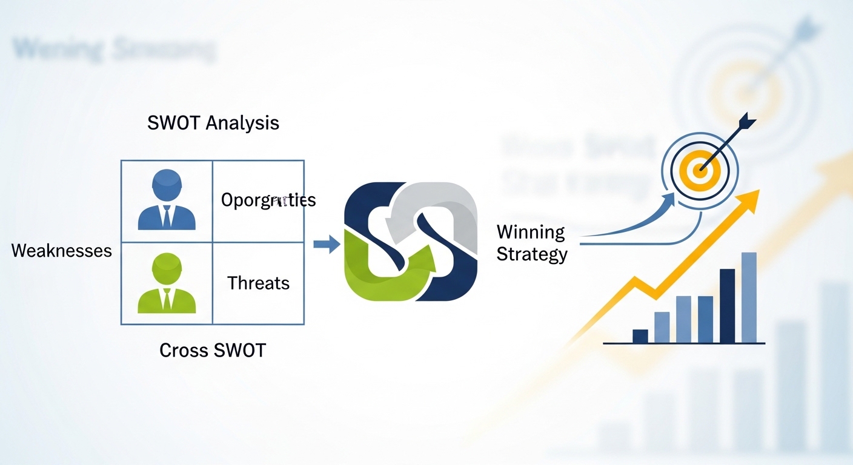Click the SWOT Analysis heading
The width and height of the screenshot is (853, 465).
pyautogui.click(x=213, y=123)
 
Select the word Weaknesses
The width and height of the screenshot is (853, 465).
pyautogui.click(x=62, y=251)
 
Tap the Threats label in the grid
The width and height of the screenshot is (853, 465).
pyautogui.click(x=258, y=283)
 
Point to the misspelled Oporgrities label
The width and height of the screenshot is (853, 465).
pyautogui.click(x=268, y=200)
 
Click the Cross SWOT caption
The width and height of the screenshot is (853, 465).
pyautogui.click(x=213, y=350)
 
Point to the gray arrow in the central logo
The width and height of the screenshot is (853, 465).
pyautogui.click(x=424, y=203)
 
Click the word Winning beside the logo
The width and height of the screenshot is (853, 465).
pyautogui.click(x=531, y=232)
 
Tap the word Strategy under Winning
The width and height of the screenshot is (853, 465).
pyautogui.click(x=532, y=254)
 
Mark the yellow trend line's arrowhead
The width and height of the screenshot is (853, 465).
pyautogui.click(x=750, y=200)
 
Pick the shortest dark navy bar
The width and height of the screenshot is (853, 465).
pyautogui.click(x=640, y=336)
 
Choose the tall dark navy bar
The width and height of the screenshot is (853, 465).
pyautogui.click(x=727, y=306)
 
